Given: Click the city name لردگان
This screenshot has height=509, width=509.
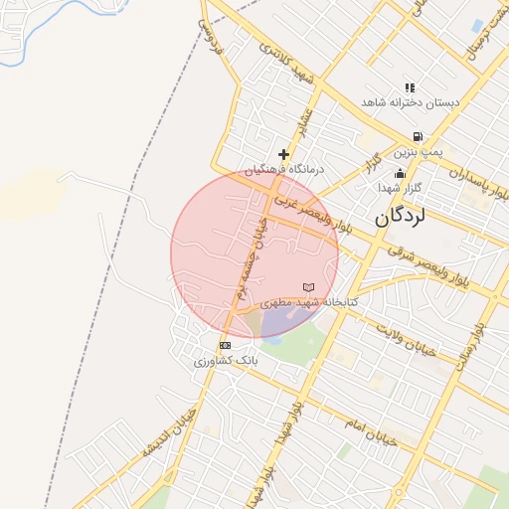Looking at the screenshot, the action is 408,218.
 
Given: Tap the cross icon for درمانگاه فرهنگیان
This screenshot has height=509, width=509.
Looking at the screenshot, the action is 284,154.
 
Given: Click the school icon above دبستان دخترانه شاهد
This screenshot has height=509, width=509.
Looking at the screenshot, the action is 410,87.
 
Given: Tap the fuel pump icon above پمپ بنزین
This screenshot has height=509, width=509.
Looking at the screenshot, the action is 417,138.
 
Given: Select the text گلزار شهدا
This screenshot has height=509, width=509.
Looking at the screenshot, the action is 401,188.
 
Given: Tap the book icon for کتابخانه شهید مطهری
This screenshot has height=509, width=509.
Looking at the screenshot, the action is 308,287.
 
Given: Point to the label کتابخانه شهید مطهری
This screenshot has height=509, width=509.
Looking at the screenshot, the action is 309,301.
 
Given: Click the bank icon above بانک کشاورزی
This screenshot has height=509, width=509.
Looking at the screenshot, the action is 225,345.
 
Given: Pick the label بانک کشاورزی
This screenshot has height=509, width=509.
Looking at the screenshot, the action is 225,360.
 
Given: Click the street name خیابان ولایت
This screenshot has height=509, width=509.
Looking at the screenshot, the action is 407,337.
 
